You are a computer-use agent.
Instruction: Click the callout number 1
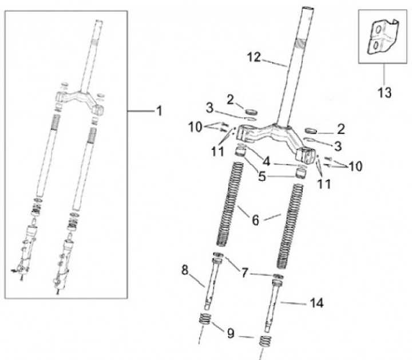point(159,110)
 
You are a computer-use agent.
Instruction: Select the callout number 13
point(385,92)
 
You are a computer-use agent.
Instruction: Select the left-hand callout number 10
point(196,127)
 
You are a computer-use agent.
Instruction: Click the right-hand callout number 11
point(323,184)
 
